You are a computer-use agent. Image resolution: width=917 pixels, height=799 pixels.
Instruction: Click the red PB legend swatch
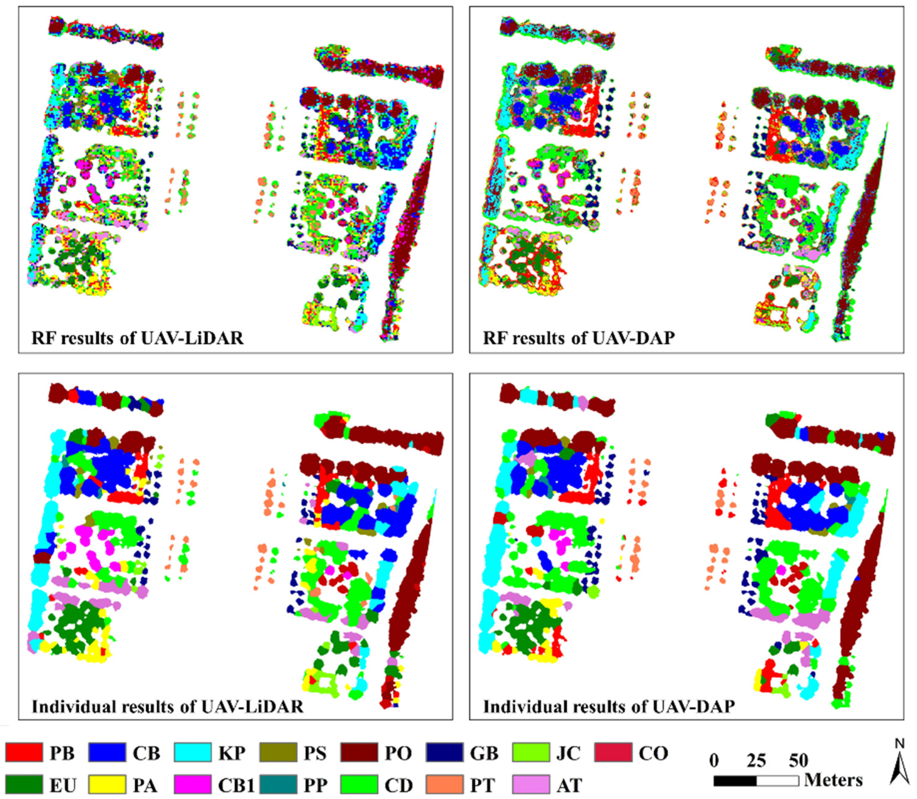click(x=24, y=753)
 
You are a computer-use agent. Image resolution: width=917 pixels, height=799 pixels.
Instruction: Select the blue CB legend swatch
click(x=108, y=753)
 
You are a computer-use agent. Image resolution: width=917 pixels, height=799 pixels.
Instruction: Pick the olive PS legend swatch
click(x=278, y=753)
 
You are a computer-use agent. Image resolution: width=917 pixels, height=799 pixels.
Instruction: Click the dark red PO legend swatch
click(x=360, y=753)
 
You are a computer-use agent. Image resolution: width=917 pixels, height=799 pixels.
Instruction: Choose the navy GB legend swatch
click(x=444, y=753)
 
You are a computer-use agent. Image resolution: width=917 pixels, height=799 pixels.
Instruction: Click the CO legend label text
click(x=653, y=753)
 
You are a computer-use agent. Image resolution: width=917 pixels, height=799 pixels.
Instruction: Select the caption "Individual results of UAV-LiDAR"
click(x=167, y=706)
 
